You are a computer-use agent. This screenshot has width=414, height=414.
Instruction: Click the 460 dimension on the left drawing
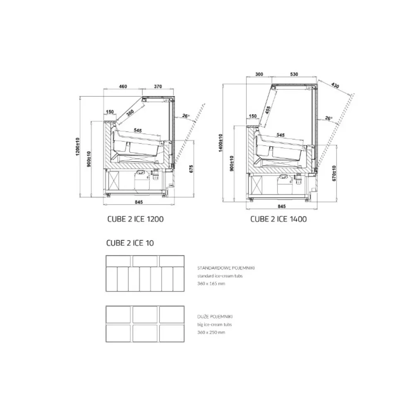[123, 87]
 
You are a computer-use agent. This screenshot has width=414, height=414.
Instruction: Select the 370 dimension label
[158, 87]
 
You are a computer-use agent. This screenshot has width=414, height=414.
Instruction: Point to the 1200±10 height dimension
[77, 146]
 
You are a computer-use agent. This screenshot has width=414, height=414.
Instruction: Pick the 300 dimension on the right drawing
[259, 74]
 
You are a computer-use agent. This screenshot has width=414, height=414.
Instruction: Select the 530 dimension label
[294, 74]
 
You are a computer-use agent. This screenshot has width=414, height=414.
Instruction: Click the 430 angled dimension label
[335, 86]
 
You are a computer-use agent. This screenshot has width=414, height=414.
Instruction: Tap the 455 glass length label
[268, 111]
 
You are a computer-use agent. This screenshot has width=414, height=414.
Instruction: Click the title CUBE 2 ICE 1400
[278, 219]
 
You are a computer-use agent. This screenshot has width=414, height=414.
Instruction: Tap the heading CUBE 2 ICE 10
[130, 243]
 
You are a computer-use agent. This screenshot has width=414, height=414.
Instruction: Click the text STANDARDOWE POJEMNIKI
[226, 268]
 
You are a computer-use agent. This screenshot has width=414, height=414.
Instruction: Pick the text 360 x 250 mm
[211, 332]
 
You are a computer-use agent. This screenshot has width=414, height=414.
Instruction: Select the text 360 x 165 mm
[211, 284]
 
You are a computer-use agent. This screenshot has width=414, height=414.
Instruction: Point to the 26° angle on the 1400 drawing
[329, 118]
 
